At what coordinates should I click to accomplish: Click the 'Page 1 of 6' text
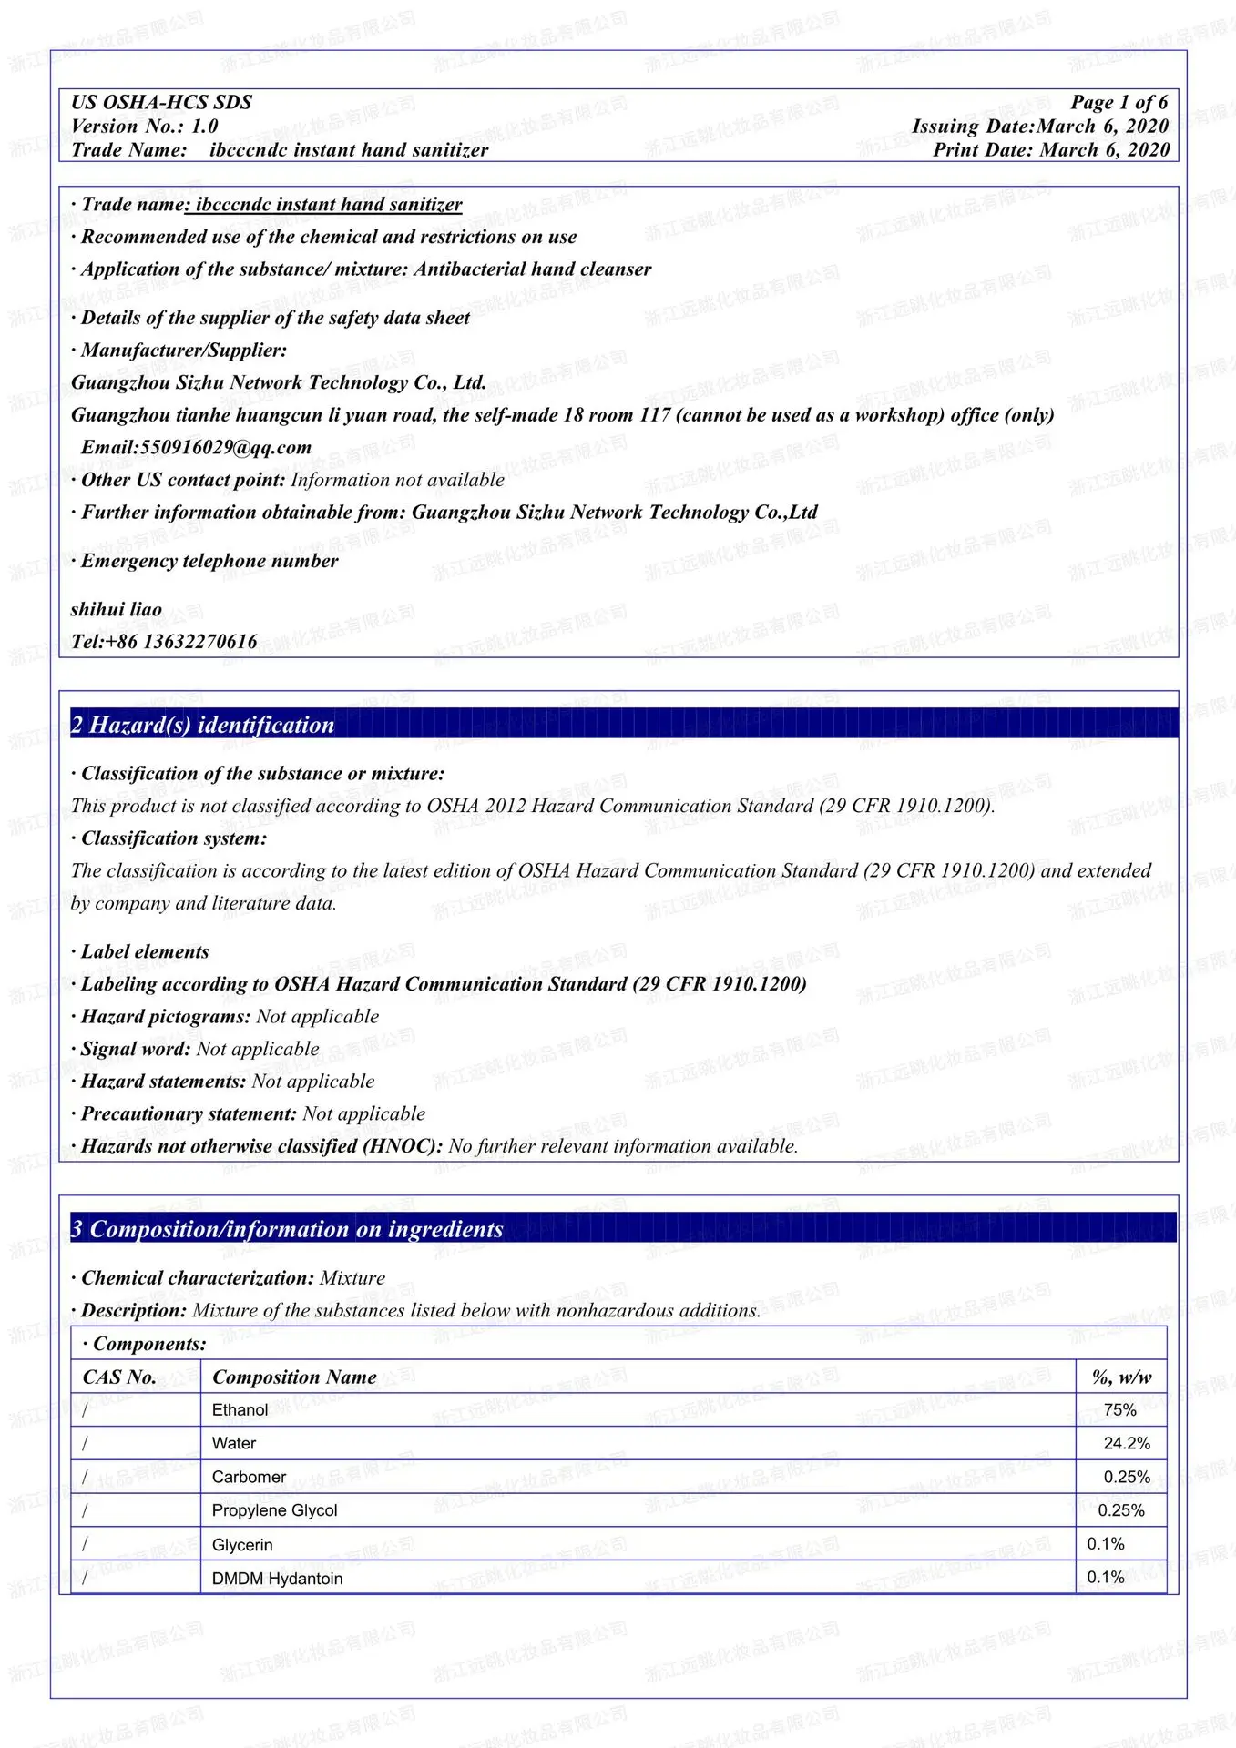pos(1119,102)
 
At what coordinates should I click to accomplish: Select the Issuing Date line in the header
pos(1039,127)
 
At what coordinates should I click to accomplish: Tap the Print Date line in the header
pos(1050,150)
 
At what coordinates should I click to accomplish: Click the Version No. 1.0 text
pos(145,127)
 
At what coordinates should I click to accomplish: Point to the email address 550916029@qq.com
pos(196,447)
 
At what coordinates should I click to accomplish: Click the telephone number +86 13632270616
pos(165,642)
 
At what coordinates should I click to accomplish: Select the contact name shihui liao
pos(117,609)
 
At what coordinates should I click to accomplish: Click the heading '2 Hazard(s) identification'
pos(203,725)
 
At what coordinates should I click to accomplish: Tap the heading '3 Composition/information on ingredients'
pos(288,1229)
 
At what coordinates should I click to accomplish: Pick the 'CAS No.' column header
pos(119,1377)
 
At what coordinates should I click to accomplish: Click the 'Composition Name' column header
pos(294,1377)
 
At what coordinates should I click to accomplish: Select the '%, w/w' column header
pos(1121,1377)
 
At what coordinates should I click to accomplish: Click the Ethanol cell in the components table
pos(240,1410)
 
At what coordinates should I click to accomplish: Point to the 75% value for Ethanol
pos(1119,1410)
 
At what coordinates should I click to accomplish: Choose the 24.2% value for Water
pos(1127,1444)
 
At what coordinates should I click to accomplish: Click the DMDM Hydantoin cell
pos(277,1579)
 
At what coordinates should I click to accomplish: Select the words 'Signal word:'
pos(136,1050)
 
